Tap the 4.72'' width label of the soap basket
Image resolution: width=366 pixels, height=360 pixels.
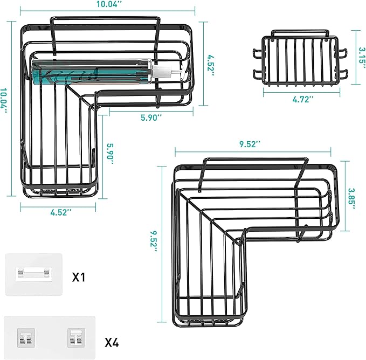tap(303, 99)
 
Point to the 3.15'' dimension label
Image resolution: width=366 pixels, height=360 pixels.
tap(357, 55)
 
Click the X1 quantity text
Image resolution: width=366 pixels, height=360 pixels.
tap(80, 277)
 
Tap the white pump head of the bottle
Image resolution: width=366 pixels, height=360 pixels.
tap(160, 70)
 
